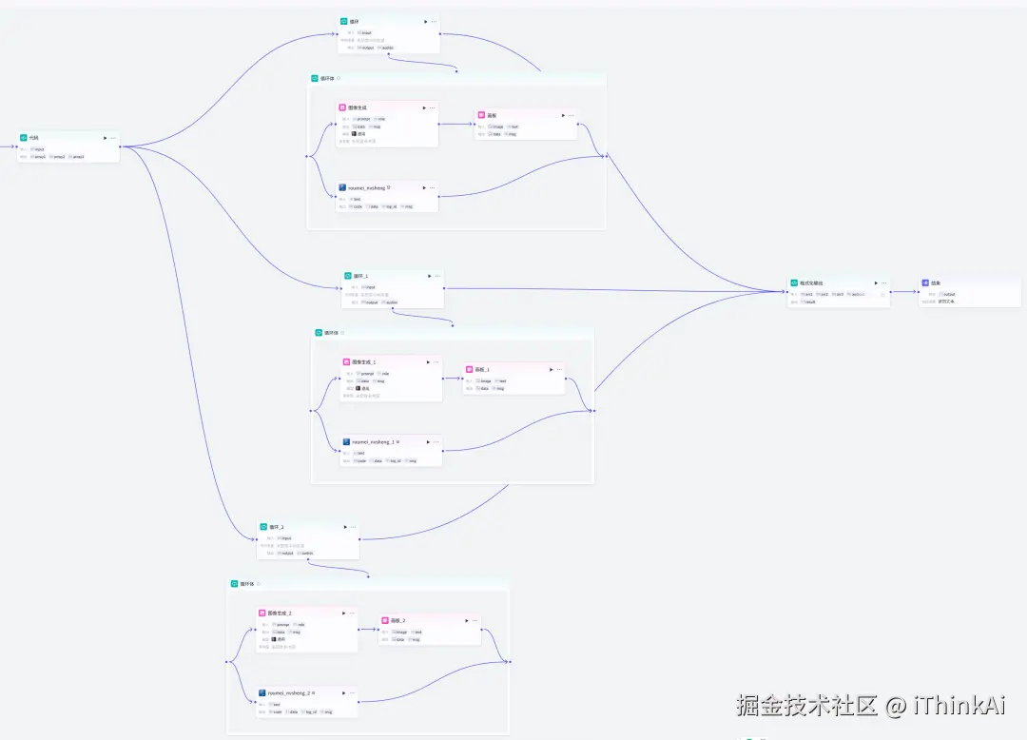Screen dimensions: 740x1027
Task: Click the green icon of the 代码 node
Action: tap(24, 138)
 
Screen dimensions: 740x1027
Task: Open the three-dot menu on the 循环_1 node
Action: tap(438, 276)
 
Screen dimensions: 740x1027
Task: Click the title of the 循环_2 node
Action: tap(276, 527)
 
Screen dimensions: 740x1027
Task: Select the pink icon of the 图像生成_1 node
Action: tap(346, 362)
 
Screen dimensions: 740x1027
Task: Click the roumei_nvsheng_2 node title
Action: tap(289, 693)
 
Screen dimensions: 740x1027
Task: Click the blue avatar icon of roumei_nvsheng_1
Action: tap(346, 442)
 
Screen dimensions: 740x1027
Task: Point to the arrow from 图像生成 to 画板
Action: tap(456, 123)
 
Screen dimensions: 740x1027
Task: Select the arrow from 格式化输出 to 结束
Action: tap(904, 292)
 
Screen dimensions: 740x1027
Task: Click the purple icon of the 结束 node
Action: tap(925, 282)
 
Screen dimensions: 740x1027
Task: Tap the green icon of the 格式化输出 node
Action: tap(794, 282)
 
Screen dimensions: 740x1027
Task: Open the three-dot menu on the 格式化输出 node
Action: tap(884, 282)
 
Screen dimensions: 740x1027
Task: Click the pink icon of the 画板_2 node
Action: tap(384, 620)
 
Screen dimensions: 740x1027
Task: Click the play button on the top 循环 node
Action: tap(425, 21)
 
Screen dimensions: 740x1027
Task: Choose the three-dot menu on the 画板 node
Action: tap(572, 115)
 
